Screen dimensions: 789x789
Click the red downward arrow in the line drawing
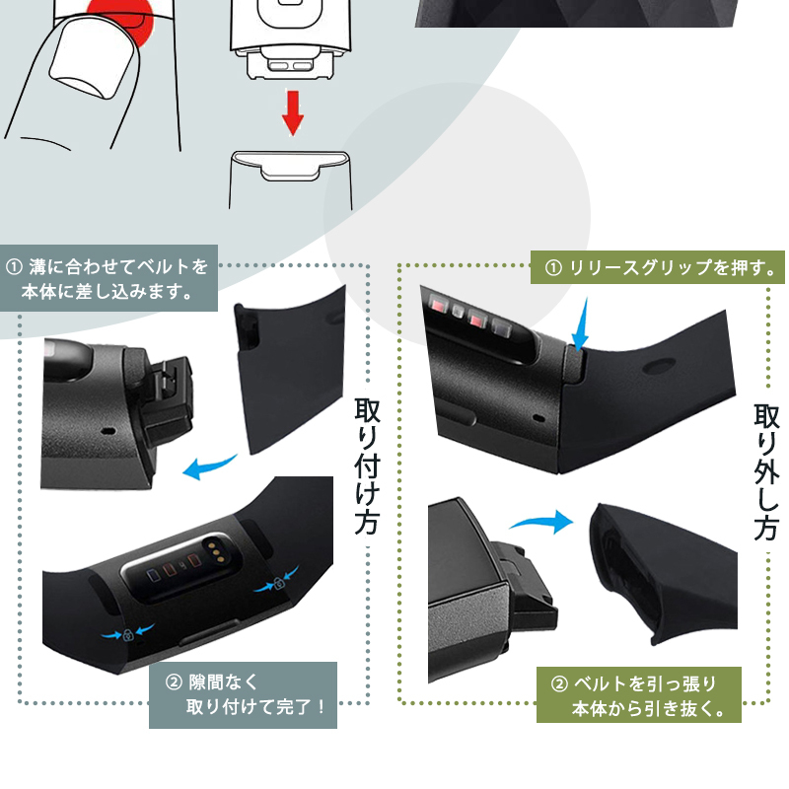coord(292,112)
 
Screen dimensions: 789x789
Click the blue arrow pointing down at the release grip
coord(581,324)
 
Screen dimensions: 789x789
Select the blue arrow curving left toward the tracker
coord(209,466)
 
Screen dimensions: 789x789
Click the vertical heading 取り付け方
coord(367,466)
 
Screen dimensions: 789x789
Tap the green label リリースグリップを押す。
coord(657,267)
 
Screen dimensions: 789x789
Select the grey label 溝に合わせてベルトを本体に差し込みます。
coord(108,278)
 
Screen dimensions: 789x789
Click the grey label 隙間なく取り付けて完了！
coord(243,695)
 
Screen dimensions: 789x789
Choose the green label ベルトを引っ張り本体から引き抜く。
coord(638,695)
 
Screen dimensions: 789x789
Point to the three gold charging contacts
coord(215,549)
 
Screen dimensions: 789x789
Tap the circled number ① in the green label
coord(553,267)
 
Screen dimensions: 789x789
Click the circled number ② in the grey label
coord(174,682)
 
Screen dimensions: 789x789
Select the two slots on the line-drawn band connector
coord(290,66)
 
